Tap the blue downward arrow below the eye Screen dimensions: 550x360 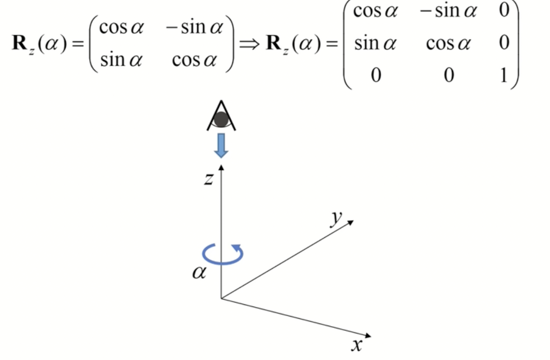221,145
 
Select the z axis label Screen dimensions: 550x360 209,178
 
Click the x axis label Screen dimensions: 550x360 357,345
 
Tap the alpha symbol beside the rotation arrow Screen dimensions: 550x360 199,273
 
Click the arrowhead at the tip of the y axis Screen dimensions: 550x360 351,222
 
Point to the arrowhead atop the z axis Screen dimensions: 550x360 221,167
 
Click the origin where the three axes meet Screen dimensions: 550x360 221,298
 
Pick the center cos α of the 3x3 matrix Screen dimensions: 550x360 448,43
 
